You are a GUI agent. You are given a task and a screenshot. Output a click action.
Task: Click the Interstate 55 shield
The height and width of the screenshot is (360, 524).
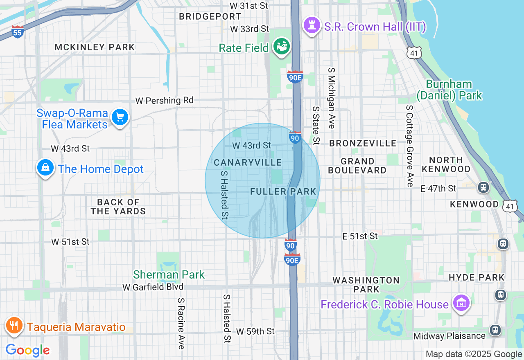click(x=17, y=32)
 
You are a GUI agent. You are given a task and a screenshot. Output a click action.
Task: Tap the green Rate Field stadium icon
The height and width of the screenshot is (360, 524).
click(x=282, y=46)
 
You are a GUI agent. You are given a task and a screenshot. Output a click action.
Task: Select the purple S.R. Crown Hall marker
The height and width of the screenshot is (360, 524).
click(x=312, y=25)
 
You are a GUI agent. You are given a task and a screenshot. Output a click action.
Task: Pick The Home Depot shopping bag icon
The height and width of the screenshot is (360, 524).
click(x=45, y=168)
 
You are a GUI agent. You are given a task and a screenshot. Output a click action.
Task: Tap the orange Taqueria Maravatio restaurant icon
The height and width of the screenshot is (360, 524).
click(x=14, y=326)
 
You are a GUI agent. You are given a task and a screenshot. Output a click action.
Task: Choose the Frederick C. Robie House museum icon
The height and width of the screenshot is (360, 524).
click(x=461, y=304)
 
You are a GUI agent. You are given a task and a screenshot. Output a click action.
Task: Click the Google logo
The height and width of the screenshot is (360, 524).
click(x=27, y=351)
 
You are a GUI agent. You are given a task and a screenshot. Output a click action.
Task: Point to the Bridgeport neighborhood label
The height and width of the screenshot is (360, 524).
click(x=210, y=16)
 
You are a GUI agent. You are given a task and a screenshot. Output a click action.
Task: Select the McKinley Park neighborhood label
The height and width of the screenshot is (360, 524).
click(x=95, y=47)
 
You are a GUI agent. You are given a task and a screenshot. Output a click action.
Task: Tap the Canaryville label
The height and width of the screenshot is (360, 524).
click(x=248, y=162)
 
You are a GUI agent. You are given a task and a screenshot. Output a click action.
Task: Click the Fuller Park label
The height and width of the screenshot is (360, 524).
click(x=283, y=191)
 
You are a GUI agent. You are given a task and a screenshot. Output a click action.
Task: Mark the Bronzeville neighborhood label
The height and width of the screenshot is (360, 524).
click(x=363, y=143)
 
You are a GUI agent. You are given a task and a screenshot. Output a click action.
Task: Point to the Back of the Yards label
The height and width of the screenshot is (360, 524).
click(x=118, y=207)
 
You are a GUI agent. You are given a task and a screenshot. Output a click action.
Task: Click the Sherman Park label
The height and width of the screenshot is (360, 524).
click(x=169, y=274)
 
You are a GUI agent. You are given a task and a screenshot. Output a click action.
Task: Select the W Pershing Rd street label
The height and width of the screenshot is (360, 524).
click(x=165, y=100)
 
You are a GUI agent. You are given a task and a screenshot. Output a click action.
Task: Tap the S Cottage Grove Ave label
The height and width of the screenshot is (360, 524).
click(x=409, y=145)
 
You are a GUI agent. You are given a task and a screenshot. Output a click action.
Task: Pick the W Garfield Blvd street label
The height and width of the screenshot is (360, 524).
click(x=153, y=287)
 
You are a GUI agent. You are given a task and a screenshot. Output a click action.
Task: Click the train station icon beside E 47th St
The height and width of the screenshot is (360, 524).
click(x=483, y=187)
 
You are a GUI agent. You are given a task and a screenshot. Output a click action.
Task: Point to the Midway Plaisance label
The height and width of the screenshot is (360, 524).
click(x=449, y=336)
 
